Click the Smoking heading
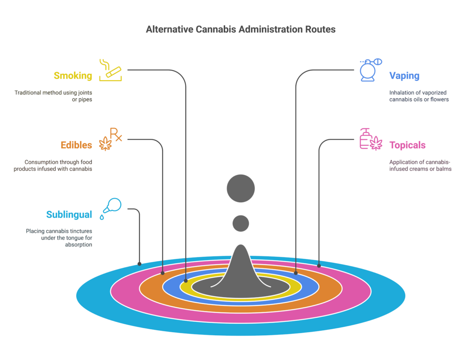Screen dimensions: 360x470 pos(73,76)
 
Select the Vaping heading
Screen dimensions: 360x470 pos(404,76)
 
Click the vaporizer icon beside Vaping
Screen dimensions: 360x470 pos(369,70)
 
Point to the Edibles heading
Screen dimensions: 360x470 pos(76,145)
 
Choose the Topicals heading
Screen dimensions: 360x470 pos(407,145)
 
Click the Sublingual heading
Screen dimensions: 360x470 pos(69,215)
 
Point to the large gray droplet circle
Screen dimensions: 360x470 pos(241,188)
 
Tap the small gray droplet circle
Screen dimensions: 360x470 pos(241,224)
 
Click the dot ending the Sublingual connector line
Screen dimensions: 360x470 pos(140,264)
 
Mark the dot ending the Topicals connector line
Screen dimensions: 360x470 pos(319,266)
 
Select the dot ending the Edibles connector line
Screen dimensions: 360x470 pos(163,273)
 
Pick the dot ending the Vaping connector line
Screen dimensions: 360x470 pos(296,273)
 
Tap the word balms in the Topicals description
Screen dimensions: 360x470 pos(443,169)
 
